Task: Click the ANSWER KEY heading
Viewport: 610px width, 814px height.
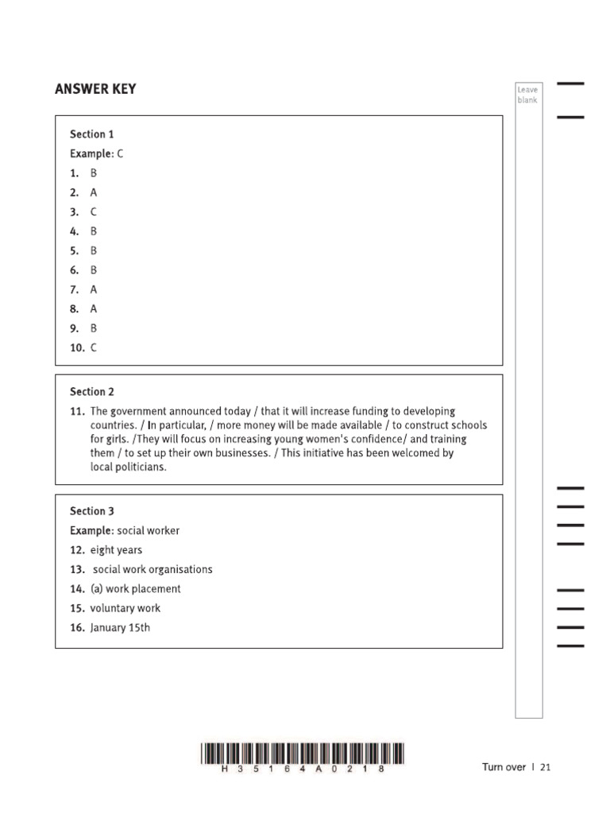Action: click(95, 89)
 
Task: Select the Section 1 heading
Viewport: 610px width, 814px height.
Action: click(91, 134)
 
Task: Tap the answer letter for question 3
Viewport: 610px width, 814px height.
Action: click(94, 212)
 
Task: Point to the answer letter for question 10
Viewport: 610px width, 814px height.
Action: click(94, 347)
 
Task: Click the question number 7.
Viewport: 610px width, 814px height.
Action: click(74, 289)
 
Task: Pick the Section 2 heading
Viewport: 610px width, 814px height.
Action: click(92, 392)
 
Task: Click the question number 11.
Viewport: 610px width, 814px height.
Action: click(77, 412)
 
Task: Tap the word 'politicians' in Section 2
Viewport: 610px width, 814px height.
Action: click(141, 467)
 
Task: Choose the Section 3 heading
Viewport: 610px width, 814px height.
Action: click(92, 511)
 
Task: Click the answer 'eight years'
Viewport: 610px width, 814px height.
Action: click(116, 550)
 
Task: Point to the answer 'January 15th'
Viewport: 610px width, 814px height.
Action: click(120, 628)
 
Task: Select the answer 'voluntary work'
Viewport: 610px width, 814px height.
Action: click(125, 608)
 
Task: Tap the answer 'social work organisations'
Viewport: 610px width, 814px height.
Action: click(152, 570)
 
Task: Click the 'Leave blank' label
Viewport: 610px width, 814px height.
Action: click(527, 95)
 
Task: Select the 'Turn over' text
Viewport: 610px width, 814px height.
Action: click(504, 767)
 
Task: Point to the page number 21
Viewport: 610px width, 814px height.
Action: click(545, 767)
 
